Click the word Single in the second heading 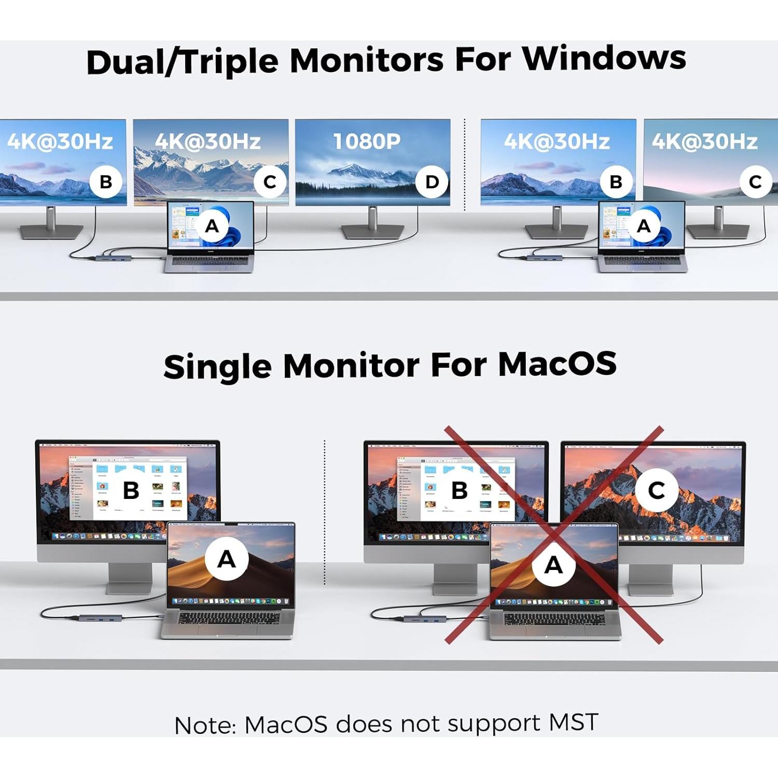pyautogui.click(x=217, y=367)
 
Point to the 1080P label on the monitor pyautogui.click(x=367, y=141)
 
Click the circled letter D pyautogui.click(x=432, y=182)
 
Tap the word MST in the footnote pyautogui.click(x=573, y=722)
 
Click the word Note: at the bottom pyautogui.click(x=205, y=726)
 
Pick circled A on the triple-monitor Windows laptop pyautogui.click(x=212, y=226)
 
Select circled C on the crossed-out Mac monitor pyautogui.click(x=657, y=490)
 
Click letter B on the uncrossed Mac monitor pyautogui.click(x=131, y=490)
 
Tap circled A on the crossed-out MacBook pyautogui.click(x=554, y=564)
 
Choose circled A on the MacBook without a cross pyautogui.click(x=226, y=559)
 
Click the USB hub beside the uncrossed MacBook pyautogui.click(x=101, y=618)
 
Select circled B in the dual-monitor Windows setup pyautogui.click(x=616, y=182)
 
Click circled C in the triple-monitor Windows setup pyautogui.click(x=270, y=182)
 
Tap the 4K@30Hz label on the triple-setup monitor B pyautogui.click(x=60, y=141)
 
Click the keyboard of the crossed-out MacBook pyautogui.click(x=554, y=619)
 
